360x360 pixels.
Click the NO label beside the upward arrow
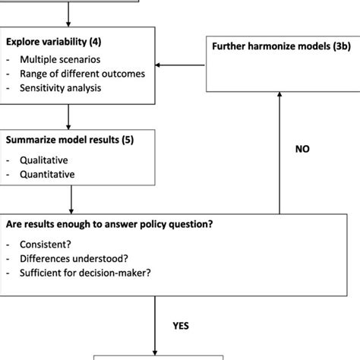(303, 150)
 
